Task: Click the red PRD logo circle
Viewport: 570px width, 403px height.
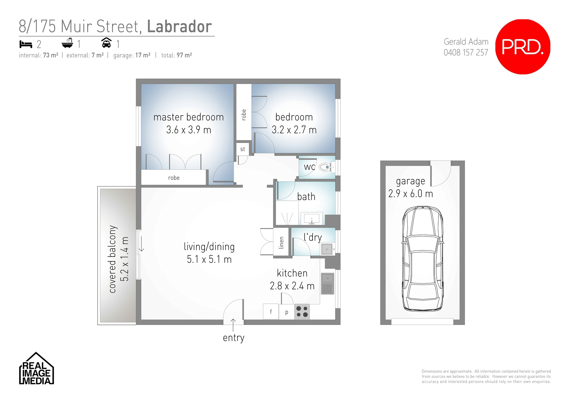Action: [522, 47]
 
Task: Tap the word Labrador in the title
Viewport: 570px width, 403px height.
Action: [180, 27]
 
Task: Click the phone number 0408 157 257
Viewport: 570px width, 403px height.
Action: [466, 53]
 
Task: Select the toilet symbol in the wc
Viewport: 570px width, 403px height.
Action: [325, 167]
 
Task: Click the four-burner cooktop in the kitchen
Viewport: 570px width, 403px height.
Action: [302, 312]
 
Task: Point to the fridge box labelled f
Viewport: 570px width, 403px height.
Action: [271, 312]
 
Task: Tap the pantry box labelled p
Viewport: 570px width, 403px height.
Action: [286, 312]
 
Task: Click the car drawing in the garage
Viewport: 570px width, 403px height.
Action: [422, 258]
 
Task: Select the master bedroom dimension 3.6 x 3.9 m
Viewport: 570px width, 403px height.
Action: [189, 130]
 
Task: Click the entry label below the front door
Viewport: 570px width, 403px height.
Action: [234, 338]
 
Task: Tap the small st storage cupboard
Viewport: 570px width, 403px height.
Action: [243, 149]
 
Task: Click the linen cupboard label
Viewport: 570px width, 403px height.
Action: [281, 243]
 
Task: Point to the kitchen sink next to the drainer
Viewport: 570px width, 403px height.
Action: [327, 278]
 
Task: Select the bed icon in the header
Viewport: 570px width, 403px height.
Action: [26, 44]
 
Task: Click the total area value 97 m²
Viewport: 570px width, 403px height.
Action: [184, 55]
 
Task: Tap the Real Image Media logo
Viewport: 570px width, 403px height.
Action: [36, 369]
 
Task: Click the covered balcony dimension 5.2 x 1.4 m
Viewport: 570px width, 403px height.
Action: [124, 259]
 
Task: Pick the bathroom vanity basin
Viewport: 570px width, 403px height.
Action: [312, 219]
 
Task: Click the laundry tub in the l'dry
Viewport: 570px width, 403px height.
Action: [327, 249]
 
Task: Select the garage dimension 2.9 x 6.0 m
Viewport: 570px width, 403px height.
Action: [411, 194]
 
